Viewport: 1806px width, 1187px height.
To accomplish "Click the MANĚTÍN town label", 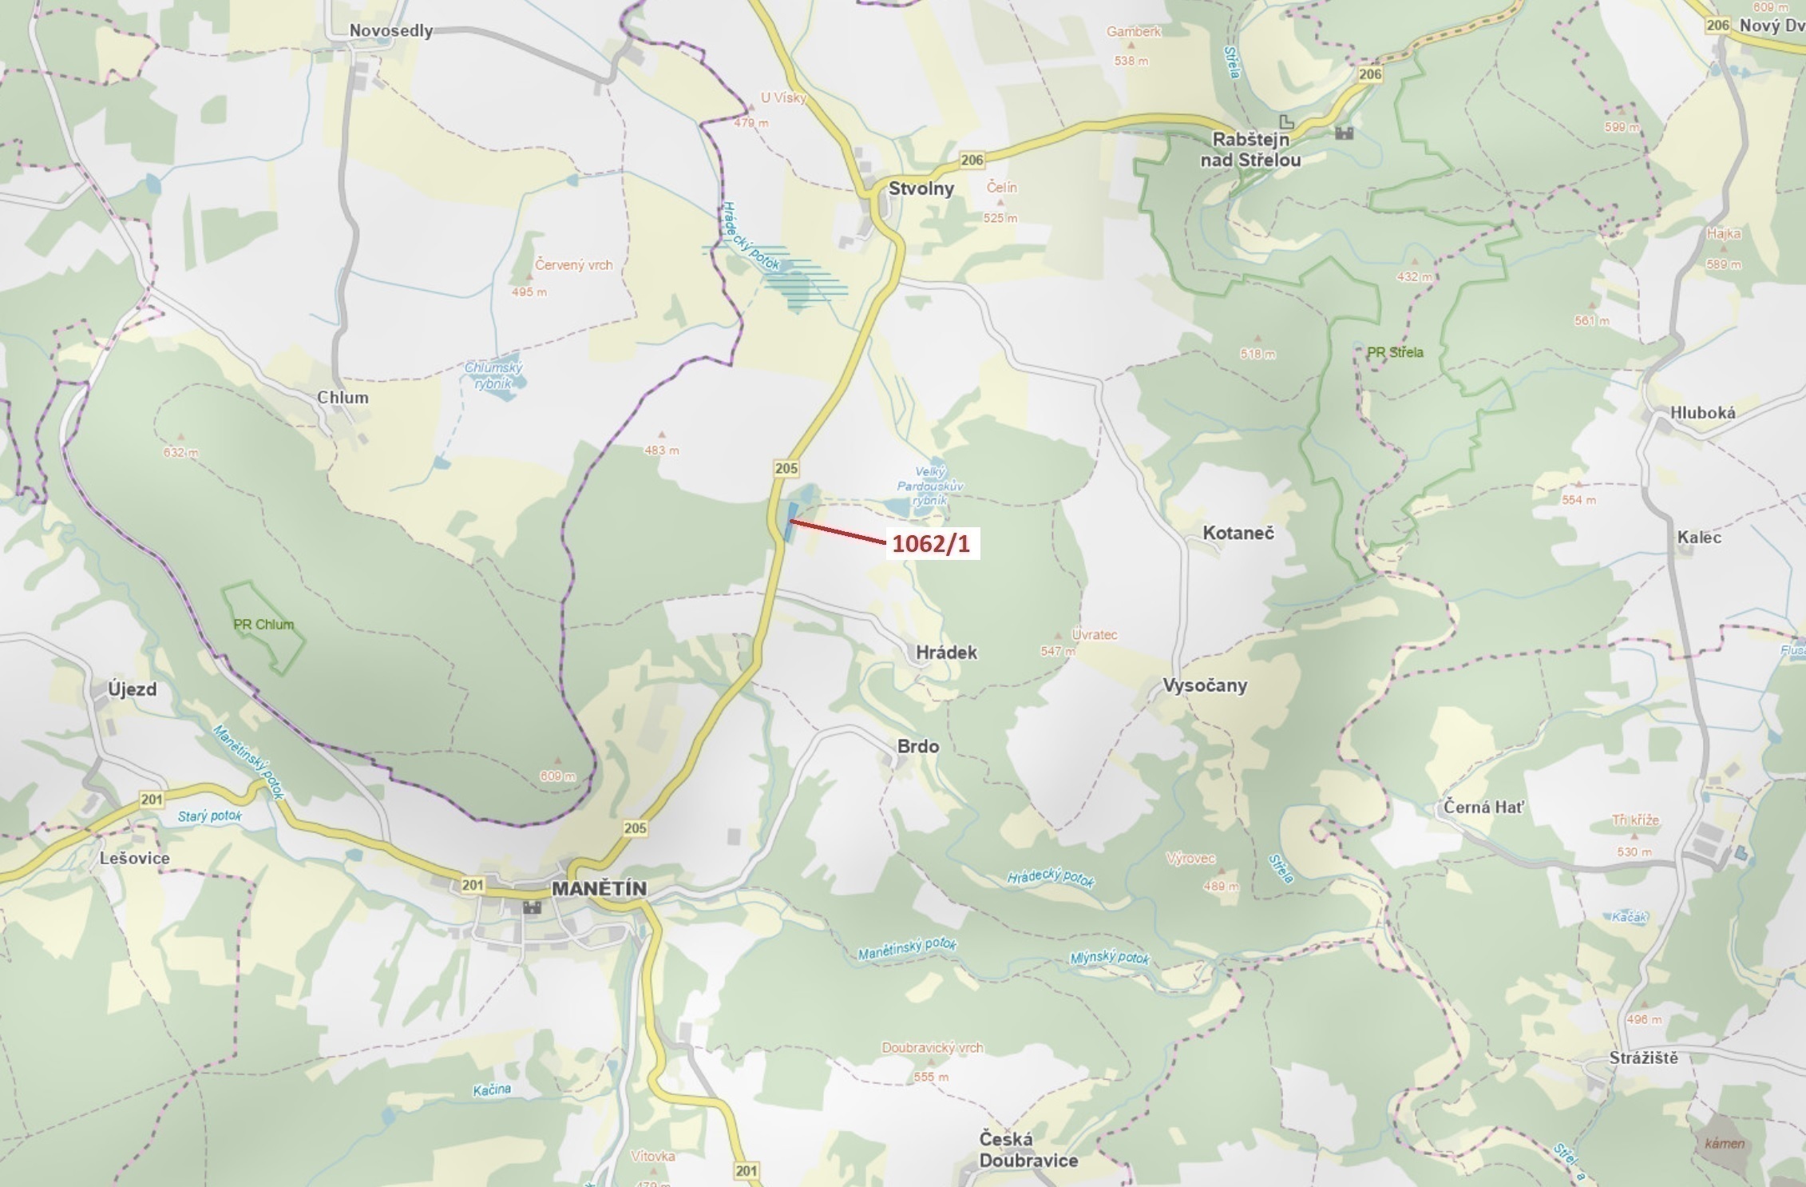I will point(599,888).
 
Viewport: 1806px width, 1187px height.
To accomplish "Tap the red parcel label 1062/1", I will point(931,544).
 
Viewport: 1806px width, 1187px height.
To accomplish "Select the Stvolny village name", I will point(921,189).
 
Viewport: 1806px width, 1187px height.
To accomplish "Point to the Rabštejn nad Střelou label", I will point(1250,149).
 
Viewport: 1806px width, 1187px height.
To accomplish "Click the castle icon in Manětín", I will point(532,907).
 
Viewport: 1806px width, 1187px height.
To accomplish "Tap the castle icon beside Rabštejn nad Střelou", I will point(1345,133).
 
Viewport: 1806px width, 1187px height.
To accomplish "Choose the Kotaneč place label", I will point(1238,533).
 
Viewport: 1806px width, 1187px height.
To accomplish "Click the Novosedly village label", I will point(391,30).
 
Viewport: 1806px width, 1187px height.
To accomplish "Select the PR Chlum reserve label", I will point(263,625).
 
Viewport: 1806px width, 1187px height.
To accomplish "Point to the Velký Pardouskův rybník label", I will point(930,486).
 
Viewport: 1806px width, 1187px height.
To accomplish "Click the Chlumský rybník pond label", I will point(493,375).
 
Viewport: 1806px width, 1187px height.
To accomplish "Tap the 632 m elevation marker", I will point(181,452).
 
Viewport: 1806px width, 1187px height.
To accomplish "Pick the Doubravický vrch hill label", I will point(933,1047).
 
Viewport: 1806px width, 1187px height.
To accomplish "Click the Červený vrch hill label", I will point(574,264).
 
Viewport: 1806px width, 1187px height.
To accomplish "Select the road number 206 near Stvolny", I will point(972,160).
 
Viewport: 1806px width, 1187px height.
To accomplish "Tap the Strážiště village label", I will point(1644,1058).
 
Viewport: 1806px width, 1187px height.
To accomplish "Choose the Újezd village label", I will point(133,689).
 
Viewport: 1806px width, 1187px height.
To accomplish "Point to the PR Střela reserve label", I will point(1395,352).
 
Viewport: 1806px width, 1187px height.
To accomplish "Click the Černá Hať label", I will point(1483,807).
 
